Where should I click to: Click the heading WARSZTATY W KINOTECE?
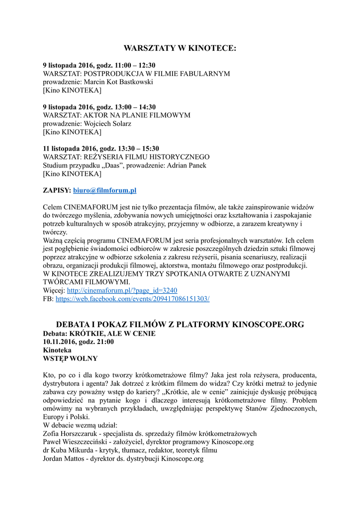(x=180, y=48)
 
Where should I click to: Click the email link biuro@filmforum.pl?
(x=104, y=190)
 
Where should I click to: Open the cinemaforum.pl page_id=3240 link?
(x=122, y=290)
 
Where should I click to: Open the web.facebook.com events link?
(x=132, y=299)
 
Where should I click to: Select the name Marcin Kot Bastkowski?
(x=118, y=82)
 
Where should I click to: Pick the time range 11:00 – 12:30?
(x=135, y=65)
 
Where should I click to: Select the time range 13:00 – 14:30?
(x=135, y=107)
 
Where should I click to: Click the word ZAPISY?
(x=57, y=190)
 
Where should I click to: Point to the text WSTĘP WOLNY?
(x=70, y=358)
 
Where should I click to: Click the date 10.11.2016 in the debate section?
(x=59, y=341)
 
